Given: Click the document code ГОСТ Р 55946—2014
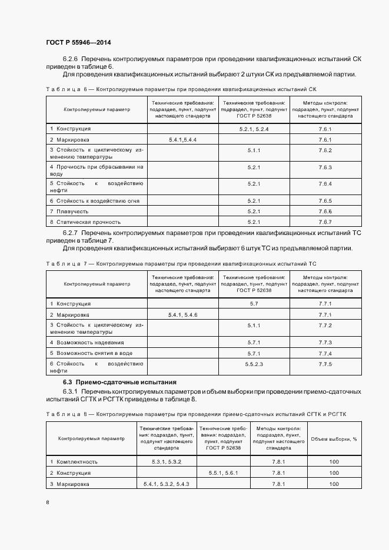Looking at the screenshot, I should (x=78, y=43).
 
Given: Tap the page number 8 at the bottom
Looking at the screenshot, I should (x=48, y=502).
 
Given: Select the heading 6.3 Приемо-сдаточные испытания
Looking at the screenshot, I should (x=111, y=383).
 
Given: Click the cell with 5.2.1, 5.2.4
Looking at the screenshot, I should (x=254, y=128).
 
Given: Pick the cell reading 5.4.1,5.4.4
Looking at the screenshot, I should (x=182, y=139).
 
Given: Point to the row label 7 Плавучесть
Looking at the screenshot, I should (x=69, y=211).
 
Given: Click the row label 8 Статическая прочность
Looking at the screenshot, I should (x=85, y=222).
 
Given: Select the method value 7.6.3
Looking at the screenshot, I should (x=325, y=167).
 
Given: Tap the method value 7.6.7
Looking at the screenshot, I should (x=325, y=222).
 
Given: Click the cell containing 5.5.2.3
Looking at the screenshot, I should (x=254, y=364).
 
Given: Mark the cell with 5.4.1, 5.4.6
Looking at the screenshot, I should (x=182, y=315).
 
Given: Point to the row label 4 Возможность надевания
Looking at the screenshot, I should (x=87, y=342).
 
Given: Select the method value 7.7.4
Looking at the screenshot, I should (x=325, y=353).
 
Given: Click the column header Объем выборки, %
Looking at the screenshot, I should (x=334, y=438).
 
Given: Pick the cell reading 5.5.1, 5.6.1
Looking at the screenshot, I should (x=222, y=472).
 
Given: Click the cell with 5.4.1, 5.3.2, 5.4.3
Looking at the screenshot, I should (x=166, y=484).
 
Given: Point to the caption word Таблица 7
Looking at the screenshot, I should (x=65, y=264).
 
